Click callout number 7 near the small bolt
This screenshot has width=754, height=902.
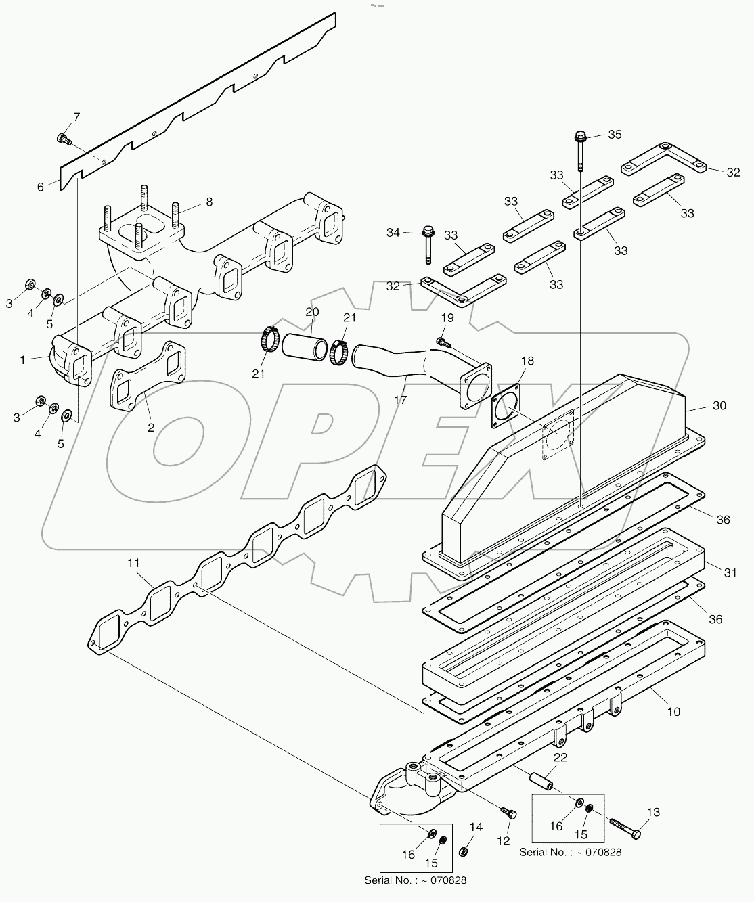tap(76, 117)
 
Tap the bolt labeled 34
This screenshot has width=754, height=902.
tap(428, 244)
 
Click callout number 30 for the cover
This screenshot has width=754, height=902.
tap(719, 405)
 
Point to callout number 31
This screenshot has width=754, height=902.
tap(730, 572)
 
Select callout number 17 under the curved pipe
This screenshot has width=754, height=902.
tap(400, 400)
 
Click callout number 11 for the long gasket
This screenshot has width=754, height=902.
tap(134, 562)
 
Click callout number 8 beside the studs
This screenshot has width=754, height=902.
tap(209, 201)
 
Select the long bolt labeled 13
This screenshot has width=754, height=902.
tap(623, 826)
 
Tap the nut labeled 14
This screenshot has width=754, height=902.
tap(464, 850)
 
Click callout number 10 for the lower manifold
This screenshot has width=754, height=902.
tap(673, 711)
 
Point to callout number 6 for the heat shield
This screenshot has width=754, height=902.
tap(41, 187)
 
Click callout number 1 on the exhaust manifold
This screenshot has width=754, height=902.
tap(22, 360)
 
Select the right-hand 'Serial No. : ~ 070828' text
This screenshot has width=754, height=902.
tap(570, 852)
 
